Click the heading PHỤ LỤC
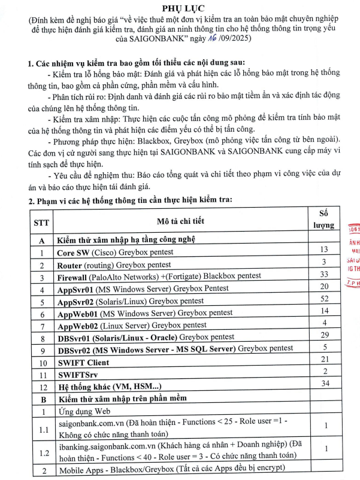(x=180, y=8)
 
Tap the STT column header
(x=43, y=222)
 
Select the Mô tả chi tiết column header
(x=181, y=221)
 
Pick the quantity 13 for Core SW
(x=325, y=249)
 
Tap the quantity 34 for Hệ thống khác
(x=325, y=383)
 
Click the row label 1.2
(x=43, y=454)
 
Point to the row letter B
(x=43, y=399)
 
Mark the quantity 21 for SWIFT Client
(x=325, y=359)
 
